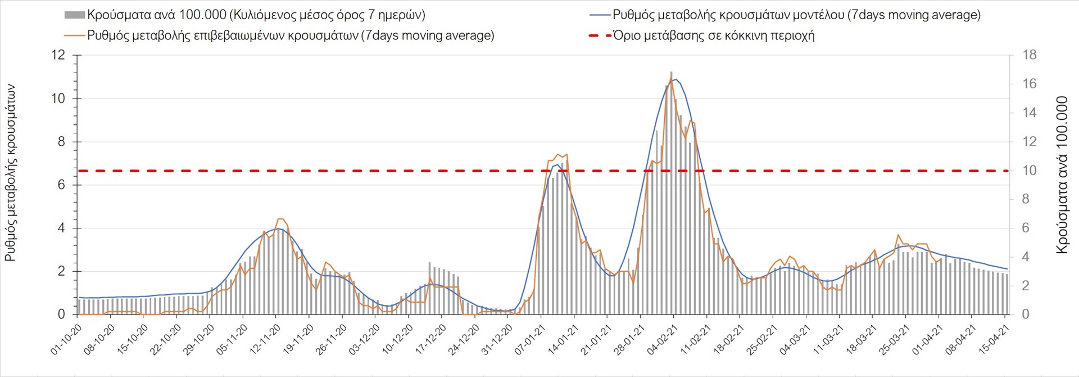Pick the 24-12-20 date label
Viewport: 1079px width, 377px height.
(x=464, y=339)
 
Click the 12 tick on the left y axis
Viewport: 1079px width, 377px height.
(x=58, y=55)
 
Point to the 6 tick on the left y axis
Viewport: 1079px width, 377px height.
(x=61, y=185)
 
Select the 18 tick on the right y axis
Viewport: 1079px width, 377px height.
(x=1029, y=55)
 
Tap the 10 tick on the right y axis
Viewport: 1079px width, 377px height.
(x=1029, y=170)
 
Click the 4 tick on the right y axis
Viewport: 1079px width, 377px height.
(x=1026, y=257)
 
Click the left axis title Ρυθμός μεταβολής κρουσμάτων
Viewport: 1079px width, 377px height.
(x=10, y=173)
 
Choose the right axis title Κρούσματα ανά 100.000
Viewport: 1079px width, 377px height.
(x=1062, y=175)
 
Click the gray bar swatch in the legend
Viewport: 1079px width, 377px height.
(x=75, y=15)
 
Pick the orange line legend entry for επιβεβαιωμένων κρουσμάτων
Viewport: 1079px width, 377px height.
(x=290, y=35)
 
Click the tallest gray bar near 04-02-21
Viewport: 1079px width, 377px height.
(x=672, y=191)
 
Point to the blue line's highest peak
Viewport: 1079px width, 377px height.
(x=675, y=79)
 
